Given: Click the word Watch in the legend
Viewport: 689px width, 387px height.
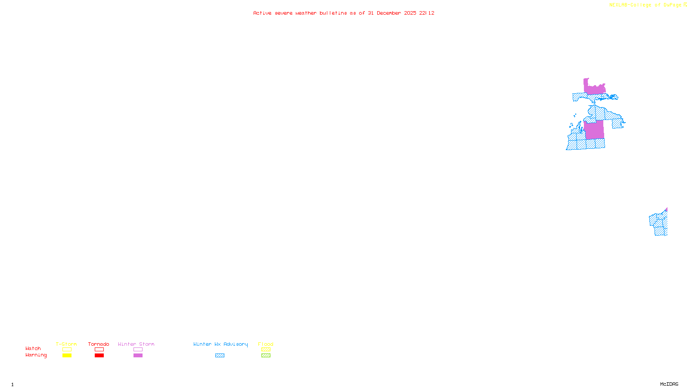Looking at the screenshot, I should (33, 348).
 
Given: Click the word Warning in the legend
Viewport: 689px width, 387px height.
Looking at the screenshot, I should (36, 355).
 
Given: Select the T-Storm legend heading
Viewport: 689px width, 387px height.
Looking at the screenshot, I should (66, 344).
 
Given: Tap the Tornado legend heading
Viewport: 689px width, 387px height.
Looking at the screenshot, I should (99, 344).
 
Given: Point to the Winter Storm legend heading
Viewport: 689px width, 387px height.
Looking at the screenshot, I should (136, 344).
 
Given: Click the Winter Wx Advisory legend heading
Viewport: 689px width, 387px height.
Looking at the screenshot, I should (220, 344).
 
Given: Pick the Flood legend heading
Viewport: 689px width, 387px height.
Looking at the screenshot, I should (266, 344).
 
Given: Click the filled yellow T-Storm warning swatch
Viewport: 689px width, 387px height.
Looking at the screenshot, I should (67, 356).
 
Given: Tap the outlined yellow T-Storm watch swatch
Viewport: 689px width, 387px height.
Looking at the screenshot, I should (67, 350).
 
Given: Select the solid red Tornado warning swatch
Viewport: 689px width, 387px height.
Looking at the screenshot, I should (99, 356).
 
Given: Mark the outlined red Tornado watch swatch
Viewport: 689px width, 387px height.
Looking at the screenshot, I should (99, 350).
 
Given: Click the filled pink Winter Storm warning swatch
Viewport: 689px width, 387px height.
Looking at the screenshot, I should (138, 356).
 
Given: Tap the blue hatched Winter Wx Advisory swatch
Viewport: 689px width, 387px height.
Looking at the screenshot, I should (220, 356).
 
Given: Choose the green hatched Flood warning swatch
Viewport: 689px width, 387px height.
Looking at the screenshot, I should (266, 356).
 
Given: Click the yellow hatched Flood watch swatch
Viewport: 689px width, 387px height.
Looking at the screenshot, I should (266, 350).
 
